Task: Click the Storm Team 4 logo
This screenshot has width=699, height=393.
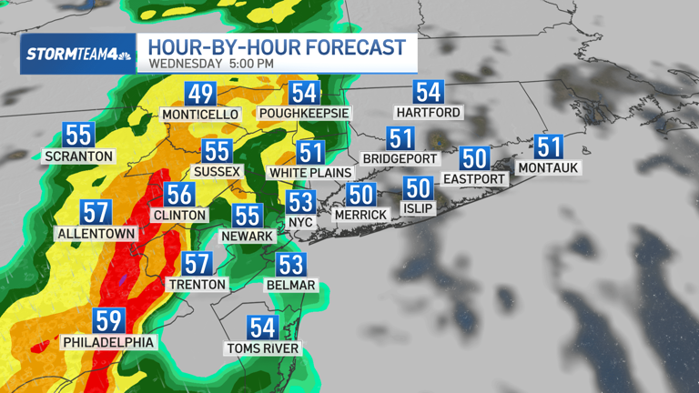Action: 78,54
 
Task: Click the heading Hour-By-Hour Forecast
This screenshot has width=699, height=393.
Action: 277,46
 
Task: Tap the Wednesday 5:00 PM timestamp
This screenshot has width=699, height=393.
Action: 210,64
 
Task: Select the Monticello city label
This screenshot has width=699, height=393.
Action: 200,115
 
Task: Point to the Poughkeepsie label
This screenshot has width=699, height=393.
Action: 304,114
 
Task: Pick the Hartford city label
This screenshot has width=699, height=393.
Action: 429,112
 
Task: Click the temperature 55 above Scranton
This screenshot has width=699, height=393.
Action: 79,135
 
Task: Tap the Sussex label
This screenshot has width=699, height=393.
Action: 217,171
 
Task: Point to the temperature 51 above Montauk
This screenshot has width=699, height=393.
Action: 548,147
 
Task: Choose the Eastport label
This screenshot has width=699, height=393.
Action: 473,178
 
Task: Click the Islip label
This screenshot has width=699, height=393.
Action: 418,208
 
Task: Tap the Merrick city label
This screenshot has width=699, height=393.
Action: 361,215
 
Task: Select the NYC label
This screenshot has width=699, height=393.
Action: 300,221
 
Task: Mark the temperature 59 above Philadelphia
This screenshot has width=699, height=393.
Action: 108,322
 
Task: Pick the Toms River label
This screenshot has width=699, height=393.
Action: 263,348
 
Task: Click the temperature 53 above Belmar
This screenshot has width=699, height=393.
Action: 291,265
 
